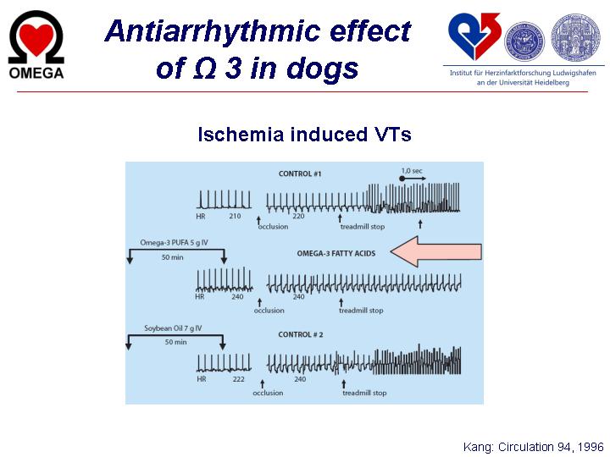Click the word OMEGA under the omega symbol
(x=36, y=73)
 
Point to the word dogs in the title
(x=322, y=69)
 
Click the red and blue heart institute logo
(x=474, y=36)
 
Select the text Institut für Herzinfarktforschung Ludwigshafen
(x=523, y=73)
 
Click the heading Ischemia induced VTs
(x=304, y=135)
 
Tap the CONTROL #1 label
(x=300, y=173)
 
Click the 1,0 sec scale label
(x=412, y=171)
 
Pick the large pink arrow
(x=435, y=251)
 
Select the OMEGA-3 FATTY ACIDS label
(x=336, y=253)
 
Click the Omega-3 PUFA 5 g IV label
(x=174, y=243)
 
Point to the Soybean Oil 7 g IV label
(x=173, y=328)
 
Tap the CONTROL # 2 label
(x=300, y=334)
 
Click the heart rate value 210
(x=235, y=216)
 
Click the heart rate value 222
(x=238, y=379)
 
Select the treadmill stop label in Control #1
(x=363, y=227)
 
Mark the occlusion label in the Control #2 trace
(x=268, y=393)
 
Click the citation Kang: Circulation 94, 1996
(x=533, y=447)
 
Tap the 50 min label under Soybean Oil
(x=176, y=342)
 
